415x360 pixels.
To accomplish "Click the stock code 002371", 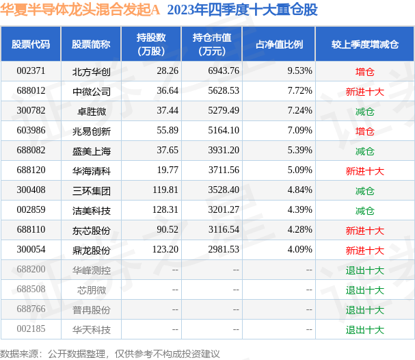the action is [31, 71].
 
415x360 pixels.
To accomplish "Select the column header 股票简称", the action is [91, 44].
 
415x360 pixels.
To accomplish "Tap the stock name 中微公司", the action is [92, 92].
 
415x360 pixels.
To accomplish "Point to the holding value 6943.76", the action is [224, 71].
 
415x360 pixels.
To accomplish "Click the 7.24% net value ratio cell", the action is [300, 111].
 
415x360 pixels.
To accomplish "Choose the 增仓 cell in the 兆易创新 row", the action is [364, 131].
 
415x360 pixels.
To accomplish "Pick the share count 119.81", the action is [165, 190].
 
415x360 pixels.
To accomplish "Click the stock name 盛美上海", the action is [92, 151].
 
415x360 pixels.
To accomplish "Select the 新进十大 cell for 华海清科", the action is [364, 171].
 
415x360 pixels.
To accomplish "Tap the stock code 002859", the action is [31, 210].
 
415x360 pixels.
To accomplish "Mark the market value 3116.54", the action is [224, 230].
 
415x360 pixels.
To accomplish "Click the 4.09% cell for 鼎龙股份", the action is [300, 250].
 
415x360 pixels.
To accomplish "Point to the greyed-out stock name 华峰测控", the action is [92, 270].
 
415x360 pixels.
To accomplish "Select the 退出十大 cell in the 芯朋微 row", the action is [364, 290].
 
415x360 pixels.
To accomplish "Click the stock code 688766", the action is [31, 309].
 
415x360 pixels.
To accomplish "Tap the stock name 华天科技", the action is [92, 330].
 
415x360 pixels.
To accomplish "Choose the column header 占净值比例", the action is [279, 44].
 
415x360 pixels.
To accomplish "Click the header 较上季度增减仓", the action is [364, 44].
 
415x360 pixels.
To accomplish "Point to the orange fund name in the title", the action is [80, 10].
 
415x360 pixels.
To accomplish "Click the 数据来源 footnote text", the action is [110, 354].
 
